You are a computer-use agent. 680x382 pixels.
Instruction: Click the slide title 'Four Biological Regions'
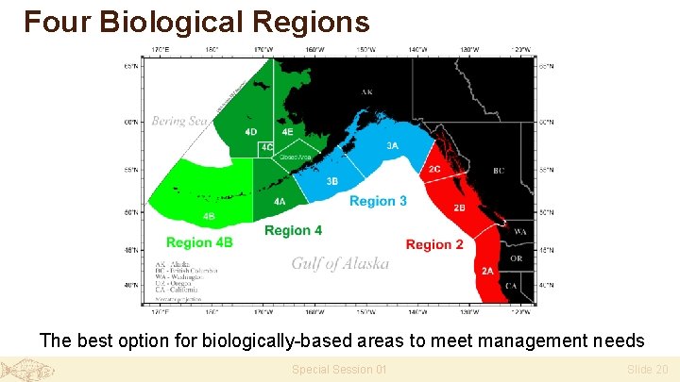point(196,21)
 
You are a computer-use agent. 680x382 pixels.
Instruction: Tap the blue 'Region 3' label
point(378,201)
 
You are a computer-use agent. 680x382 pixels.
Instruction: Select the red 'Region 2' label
point(434,244)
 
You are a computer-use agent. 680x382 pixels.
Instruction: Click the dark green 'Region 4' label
point(293,230)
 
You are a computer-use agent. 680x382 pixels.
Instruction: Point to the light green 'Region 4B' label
point(199,242)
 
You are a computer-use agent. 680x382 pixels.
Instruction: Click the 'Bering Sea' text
point(179,121)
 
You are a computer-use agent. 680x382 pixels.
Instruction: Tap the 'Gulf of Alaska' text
point(340,263)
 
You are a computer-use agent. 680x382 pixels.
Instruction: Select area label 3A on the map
point(392,146)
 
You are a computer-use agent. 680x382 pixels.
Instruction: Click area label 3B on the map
point(331,181)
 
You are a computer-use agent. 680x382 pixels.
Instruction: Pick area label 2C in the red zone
point(433,169)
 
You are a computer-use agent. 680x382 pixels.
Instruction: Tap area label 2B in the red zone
point(459,208)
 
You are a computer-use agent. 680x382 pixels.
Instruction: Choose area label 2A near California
point(487,271)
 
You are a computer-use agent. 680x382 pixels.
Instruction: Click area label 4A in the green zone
point(280,202)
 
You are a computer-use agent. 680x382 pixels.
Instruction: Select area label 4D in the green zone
point(250,132)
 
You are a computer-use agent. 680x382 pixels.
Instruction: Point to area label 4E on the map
point(287,132)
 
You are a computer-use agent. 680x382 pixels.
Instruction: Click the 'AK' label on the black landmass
point(366,92)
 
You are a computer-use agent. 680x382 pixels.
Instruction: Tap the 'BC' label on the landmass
point(498,171)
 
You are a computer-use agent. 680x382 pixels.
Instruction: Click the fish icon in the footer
point(27,370)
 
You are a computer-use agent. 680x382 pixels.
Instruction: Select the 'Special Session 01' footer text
point(339,370)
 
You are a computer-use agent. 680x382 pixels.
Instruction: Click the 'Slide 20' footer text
point(647,370)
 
